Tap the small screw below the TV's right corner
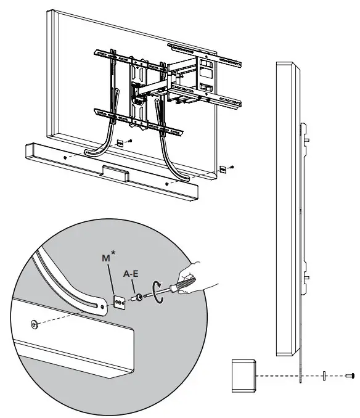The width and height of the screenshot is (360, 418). click(231, 166)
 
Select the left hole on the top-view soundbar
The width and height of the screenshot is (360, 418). click(64, 157)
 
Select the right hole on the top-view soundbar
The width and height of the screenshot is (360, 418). click(168, 182)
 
